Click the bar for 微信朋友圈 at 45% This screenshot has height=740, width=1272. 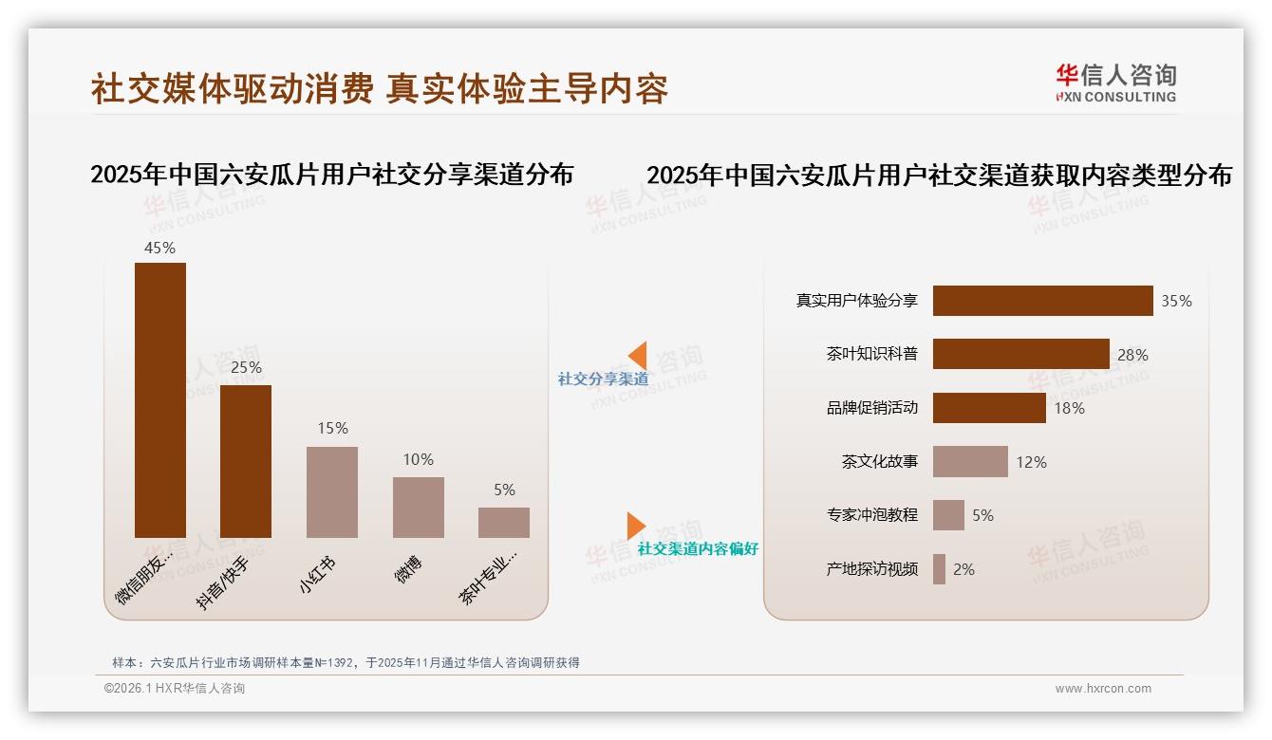(x=159, y=399)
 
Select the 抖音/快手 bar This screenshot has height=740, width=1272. (x=245, y=461)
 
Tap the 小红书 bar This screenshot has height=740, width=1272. (x=331, y=491)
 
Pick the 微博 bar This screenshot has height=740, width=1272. (x=418, y=507)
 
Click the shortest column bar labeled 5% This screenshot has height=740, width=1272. (x=503, y=522)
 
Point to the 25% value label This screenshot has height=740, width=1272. (x=246, y=367)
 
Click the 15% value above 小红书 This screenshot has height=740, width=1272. (x=332, y=428)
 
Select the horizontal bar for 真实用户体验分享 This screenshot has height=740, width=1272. (x=1042, y=301)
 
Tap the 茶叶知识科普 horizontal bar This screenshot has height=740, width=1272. (x=1020, y=354)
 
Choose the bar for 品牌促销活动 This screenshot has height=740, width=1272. (x=989, y=408)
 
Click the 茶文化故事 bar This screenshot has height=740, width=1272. (x=970, y=462)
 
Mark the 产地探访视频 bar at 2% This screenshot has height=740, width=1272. (x=939, y=569)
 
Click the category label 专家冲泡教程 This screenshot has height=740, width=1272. (x=871, y=515)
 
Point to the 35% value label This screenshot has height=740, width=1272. (x=1176, y=301)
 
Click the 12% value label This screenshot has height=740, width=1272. (x=1031, y=462)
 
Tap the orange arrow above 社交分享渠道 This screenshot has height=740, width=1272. (x=637, y=356)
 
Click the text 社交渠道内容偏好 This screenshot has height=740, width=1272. (x=698, y=549)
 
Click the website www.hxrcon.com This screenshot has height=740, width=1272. (x=1103, y=689)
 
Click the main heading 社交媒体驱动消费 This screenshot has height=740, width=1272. (x=232, y=88)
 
